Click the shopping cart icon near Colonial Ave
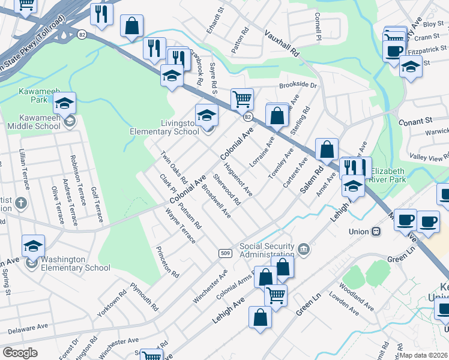coord(242,98)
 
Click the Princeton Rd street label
coord(167,262)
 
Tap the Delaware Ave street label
coord(28,328)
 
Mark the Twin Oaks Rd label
coord(174,167)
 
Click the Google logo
coord(20,353)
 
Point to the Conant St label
coord(428,121)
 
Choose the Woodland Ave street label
coord(356,296)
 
